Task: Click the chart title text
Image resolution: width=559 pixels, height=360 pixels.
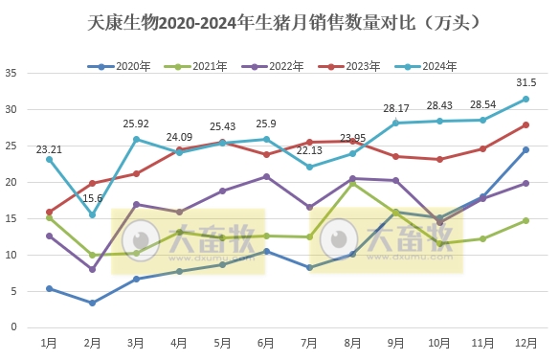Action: point(279,20)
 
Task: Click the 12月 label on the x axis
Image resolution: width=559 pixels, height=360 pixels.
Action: point(525,341)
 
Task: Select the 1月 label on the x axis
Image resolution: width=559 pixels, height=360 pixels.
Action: point(49,341)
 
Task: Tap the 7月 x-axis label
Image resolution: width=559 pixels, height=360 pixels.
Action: point(309,341)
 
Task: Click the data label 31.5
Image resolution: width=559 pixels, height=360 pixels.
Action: point(525,82)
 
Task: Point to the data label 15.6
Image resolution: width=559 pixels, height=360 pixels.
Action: point(93,198)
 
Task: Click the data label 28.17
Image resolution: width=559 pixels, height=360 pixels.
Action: point(396,108)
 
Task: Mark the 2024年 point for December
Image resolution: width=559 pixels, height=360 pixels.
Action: point(525,99)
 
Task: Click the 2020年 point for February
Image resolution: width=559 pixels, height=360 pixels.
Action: point(93,303)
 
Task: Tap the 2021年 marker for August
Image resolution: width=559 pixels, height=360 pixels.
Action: point(352,183)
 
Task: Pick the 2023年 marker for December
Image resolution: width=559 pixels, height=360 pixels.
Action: point(525,124)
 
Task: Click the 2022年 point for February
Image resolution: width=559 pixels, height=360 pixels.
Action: point(93,269)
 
